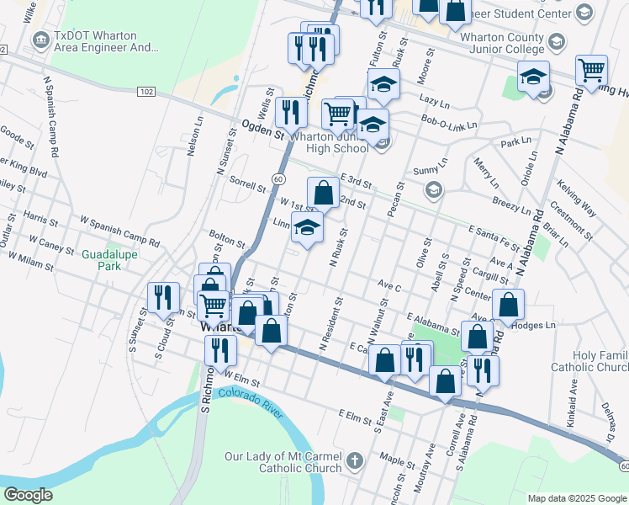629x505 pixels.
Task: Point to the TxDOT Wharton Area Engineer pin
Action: click(x=40, y=39)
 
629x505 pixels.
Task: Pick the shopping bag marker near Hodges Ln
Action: click(x=508, y=305)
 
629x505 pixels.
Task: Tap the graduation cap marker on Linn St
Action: click(x=307, y=226)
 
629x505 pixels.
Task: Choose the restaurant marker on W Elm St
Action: click(x=221, y=349)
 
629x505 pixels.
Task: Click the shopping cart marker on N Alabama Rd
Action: click(x=592, y=71)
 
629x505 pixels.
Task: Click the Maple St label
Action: click(x=392, y=460)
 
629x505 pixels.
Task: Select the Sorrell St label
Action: click(x=247, y=184)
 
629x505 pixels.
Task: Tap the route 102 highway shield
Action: click(x=146, y=92)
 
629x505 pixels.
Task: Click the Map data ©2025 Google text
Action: click(x=576, y=497)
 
